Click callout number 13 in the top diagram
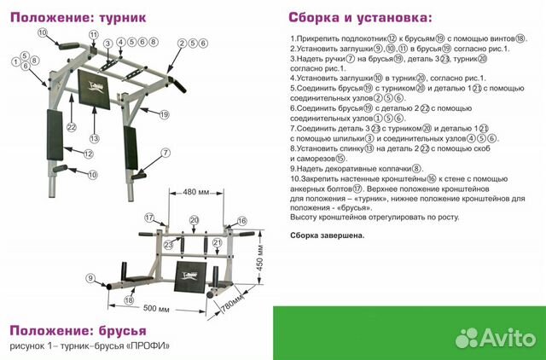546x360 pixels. click(95, 138)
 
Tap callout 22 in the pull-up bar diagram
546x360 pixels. click(72, 127)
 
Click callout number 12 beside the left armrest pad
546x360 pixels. click(88, 154)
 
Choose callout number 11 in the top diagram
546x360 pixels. click(94, 33)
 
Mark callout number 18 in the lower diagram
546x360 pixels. click(129, 300)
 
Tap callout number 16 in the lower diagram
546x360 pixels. click(241, 221)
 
